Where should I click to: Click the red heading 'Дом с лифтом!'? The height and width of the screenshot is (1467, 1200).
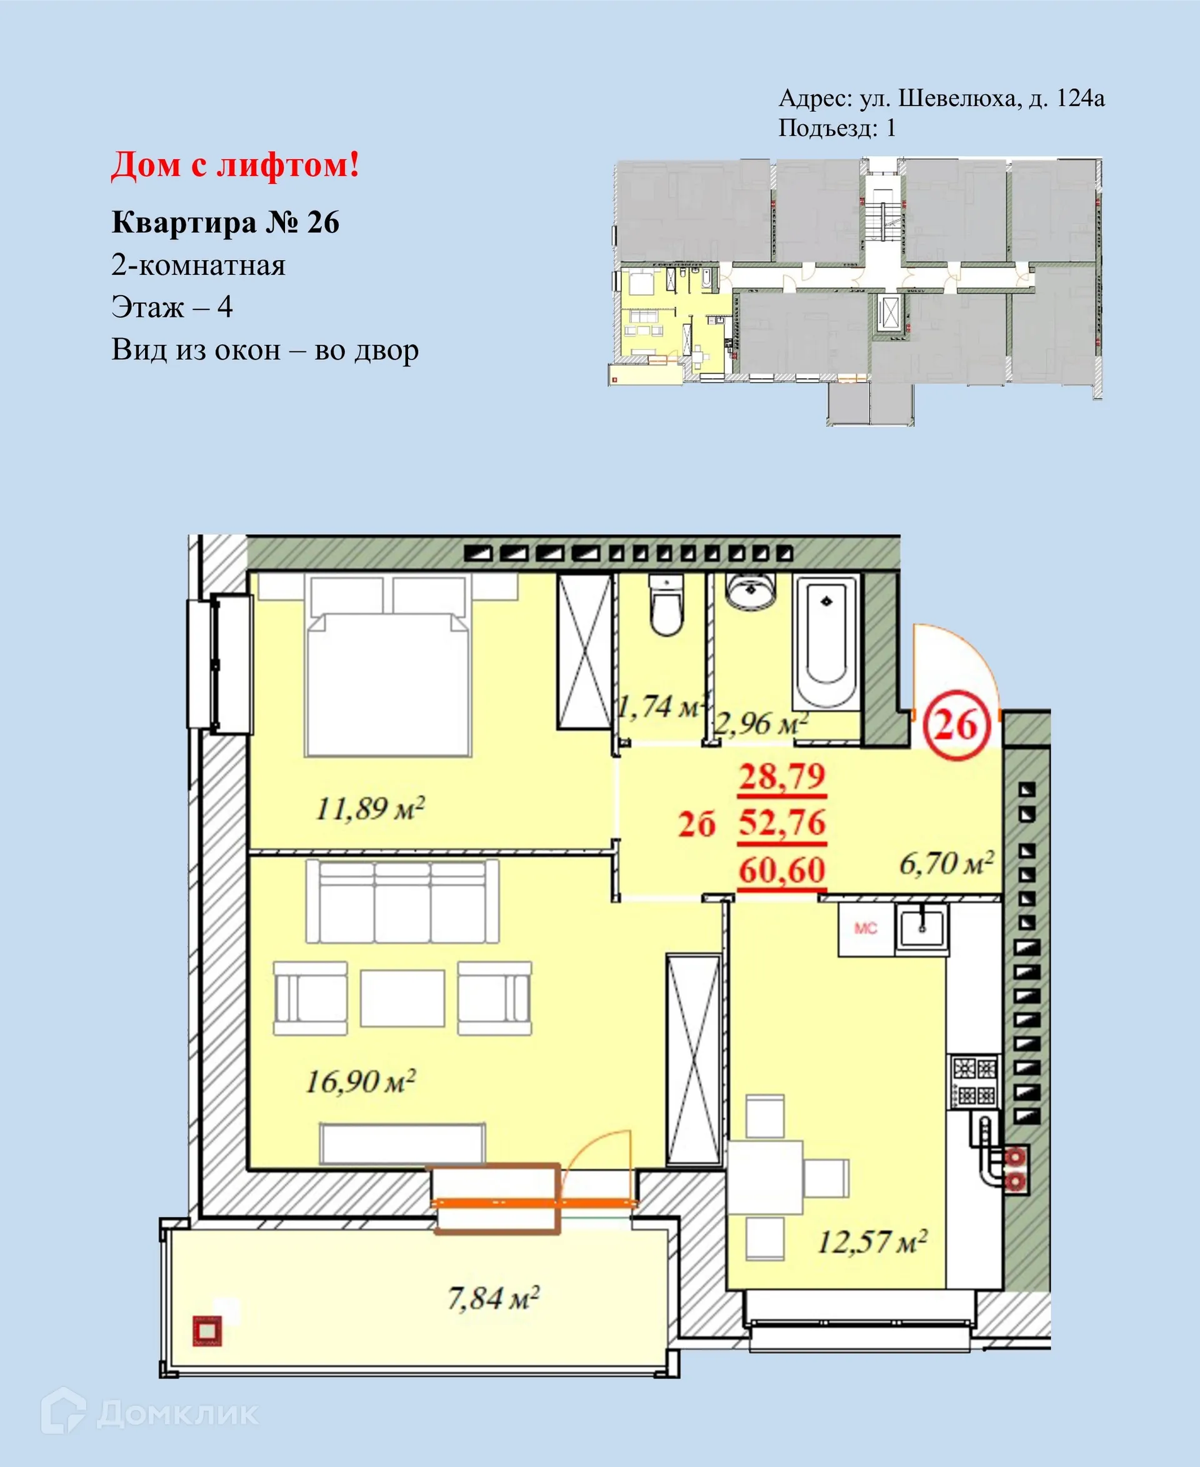[x=235, y=166]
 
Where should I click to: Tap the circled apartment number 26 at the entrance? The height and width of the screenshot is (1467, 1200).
[x=957, y=725]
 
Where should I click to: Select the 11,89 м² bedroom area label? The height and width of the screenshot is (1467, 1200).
[x=370, y=808]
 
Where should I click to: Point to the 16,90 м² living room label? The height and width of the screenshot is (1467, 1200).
[x=360, y=1081]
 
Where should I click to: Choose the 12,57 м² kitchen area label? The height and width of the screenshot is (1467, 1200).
[x=872, y=1241]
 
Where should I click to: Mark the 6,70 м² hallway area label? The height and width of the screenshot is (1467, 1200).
[x=946, y=863]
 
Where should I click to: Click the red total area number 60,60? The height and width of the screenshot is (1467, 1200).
[x=782, y=870]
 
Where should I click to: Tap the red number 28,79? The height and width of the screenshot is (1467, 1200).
[x=782, y=776]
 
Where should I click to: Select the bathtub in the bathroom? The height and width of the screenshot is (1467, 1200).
[x=826, y=639]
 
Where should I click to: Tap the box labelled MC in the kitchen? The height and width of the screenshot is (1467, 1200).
[x=866, y=928]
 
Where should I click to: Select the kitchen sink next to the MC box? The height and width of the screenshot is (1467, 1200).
[x=921, y=928]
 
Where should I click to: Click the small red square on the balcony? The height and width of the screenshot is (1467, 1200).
[x=207, y=1331]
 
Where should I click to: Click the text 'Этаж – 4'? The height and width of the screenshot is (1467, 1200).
[x=172, y=307]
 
